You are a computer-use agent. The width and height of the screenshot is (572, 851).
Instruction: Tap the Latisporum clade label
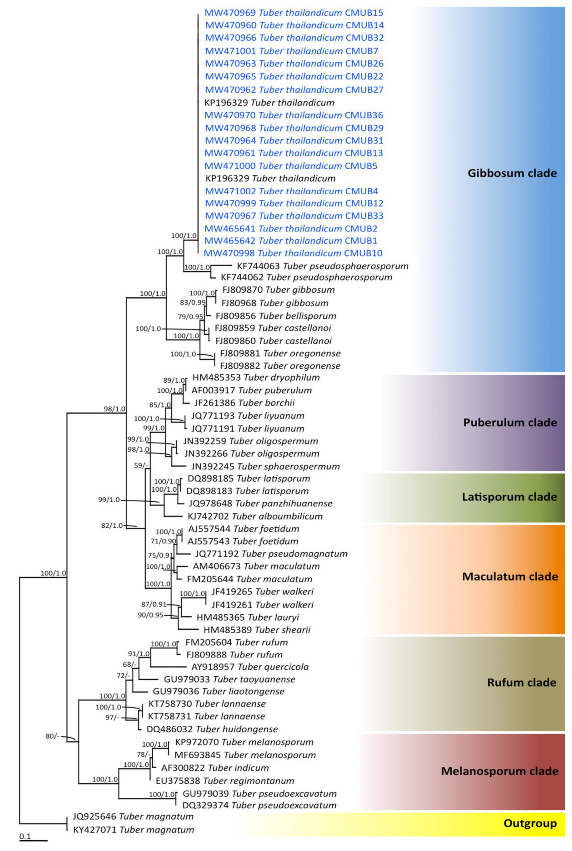tap(509, 497)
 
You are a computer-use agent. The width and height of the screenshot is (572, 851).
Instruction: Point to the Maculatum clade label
tap(510, 576)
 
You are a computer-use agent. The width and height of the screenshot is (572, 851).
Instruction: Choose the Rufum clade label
tap(522, 682)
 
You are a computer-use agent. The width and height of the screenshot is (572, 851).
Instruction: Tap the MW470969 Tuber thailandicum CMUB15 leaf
tap(294, 13)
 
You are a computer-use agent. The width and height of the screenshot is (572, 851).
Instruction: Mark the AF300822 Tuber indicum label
tap(215, 768)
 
